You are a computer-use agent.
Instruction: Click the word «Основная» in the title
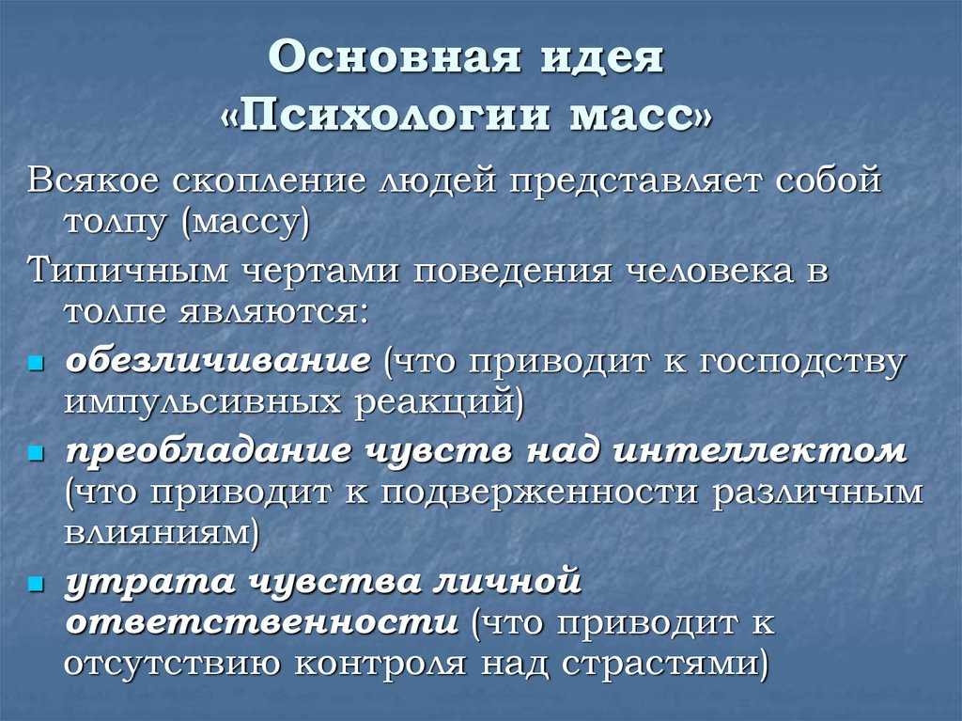coord(395,57)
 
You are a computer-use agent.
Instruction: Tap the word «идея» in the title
coord(602,59)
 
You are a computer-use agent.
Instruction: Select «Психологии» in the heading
coord(393,115)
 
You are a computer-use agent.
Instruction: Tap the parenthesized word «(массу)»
coord(245,223)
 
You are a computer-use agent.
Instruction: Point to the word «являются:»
coord(274,312)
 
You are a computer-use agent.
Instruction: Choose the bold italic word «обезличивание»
coord(218,361)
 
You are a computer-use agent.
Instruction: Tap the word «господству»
coord(802,363)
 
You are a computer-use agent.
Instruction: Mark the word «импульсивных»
coord(203,403)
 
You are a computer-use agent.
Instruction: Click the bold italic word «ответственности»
coord(262,623)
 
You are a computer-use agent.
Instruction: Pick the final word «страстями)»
coord(664,665)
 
